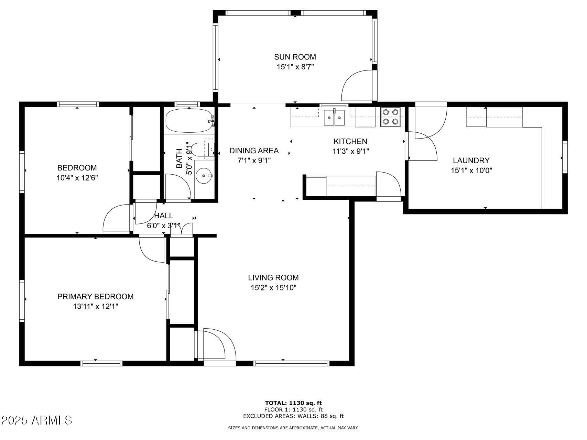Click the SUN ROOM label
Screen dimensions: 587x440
point(295,57)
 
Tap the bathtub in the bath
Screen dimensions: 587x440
point(189,121)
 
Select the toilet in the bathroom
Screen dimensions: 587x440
point(203,149)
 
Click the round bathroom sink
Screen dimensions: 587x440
point(204,176)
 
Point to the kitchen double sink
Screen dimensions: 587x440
point(334,118)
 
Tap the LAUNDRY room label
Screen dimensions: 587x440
point(471,160)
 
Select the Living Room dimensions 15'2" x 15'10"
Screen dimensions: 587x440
point(273,288)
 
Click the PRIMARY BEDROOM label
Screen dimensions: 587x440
point(95,296)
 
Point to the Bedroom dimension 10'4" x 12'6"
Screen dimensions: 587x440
point(77,178)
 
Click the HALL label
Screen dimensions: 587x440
point(163,216)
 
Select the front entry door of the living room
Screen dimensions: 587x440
point(215,345)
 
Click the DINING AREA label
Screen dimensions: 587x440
point(254,151)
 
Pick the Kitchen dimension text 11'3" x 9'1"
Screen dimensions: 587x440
point(350,151)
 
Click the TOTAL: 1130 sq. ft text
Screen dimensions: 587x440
point(293,403)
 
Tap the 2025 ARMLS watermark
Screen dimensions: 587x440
point(36,420)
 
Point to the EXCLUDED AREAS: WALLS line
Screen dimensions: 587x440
point(293,416)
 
